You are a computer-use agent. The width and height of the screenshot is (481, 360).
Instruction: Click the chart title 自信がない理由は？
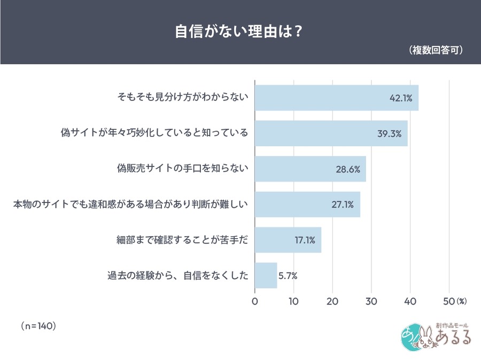pos(240,30)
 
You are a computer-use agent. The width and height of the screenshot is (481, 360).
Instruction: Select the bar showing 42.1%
pos(336,98)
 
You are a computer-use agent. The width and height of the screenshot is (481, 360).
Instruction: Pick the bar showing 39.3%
pos(331,133)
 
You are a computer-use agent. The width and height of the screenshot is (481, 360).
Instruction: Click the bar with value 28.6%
pos(310,169)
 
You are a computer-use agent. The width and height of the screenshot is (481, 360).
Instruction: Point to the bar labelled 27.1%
pos(307,204)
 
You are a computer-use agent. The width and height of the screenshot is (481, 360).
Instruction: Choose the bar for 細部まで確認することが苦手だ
pos(288,240)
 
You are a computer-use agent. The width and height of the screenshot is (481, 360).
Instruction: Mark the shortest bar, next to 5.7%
pos(266,276)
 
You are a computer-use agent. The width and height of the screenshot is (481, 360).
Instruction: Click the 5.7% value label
pos(288,276)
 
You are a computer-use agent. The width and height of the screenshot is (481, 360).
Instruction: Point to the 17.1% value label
pos(305,240)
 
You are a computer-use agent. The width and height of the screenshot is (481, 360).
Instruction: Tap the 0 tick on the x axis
pos(255,301)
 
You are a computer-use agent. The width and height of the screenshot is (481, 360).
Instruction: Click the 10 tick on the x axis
pos(293,301)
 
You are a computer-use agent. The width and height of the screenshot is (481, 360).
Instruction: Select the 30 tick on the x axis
pos(371,301)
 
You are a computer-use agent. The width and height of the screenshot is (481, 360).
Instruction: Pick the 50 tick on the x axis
pos(448,301)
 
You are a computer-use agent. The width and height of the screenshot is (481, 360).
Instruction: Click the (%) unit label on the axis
pos(462,301)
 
